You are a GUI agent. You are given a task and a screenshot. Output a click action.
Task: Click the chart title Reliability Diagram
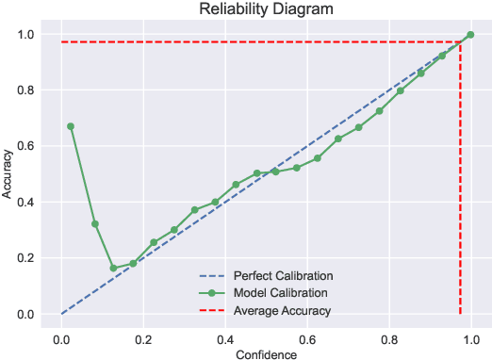260,10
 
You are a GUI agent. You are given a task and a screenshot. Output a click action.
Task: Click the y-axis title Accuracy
8,174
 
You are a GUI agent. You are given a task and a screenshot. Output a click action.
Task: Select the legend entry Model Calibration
283,293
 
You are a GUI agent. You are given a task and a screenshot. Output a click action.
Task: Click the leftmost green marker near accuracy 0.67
71,126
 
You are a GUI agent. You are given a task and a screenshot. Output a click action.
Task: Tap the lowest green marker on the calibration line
113,268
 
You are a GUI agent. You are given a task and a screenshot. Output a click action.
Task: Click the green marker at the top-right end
470,35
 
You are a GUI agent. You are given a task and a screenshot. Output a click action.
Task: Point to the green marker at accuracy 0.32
94,224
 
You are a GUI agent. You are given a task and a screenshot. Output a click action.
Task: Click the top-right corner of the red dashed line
459,42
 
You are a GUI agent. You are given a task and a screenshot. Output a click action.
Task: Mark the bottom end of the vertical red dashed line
459,314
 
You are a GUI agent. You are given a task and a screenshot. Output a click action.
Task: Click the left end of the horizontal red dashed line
61,42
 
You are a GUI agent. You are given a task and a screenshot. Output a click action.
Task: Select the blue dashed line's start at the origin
61,314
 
